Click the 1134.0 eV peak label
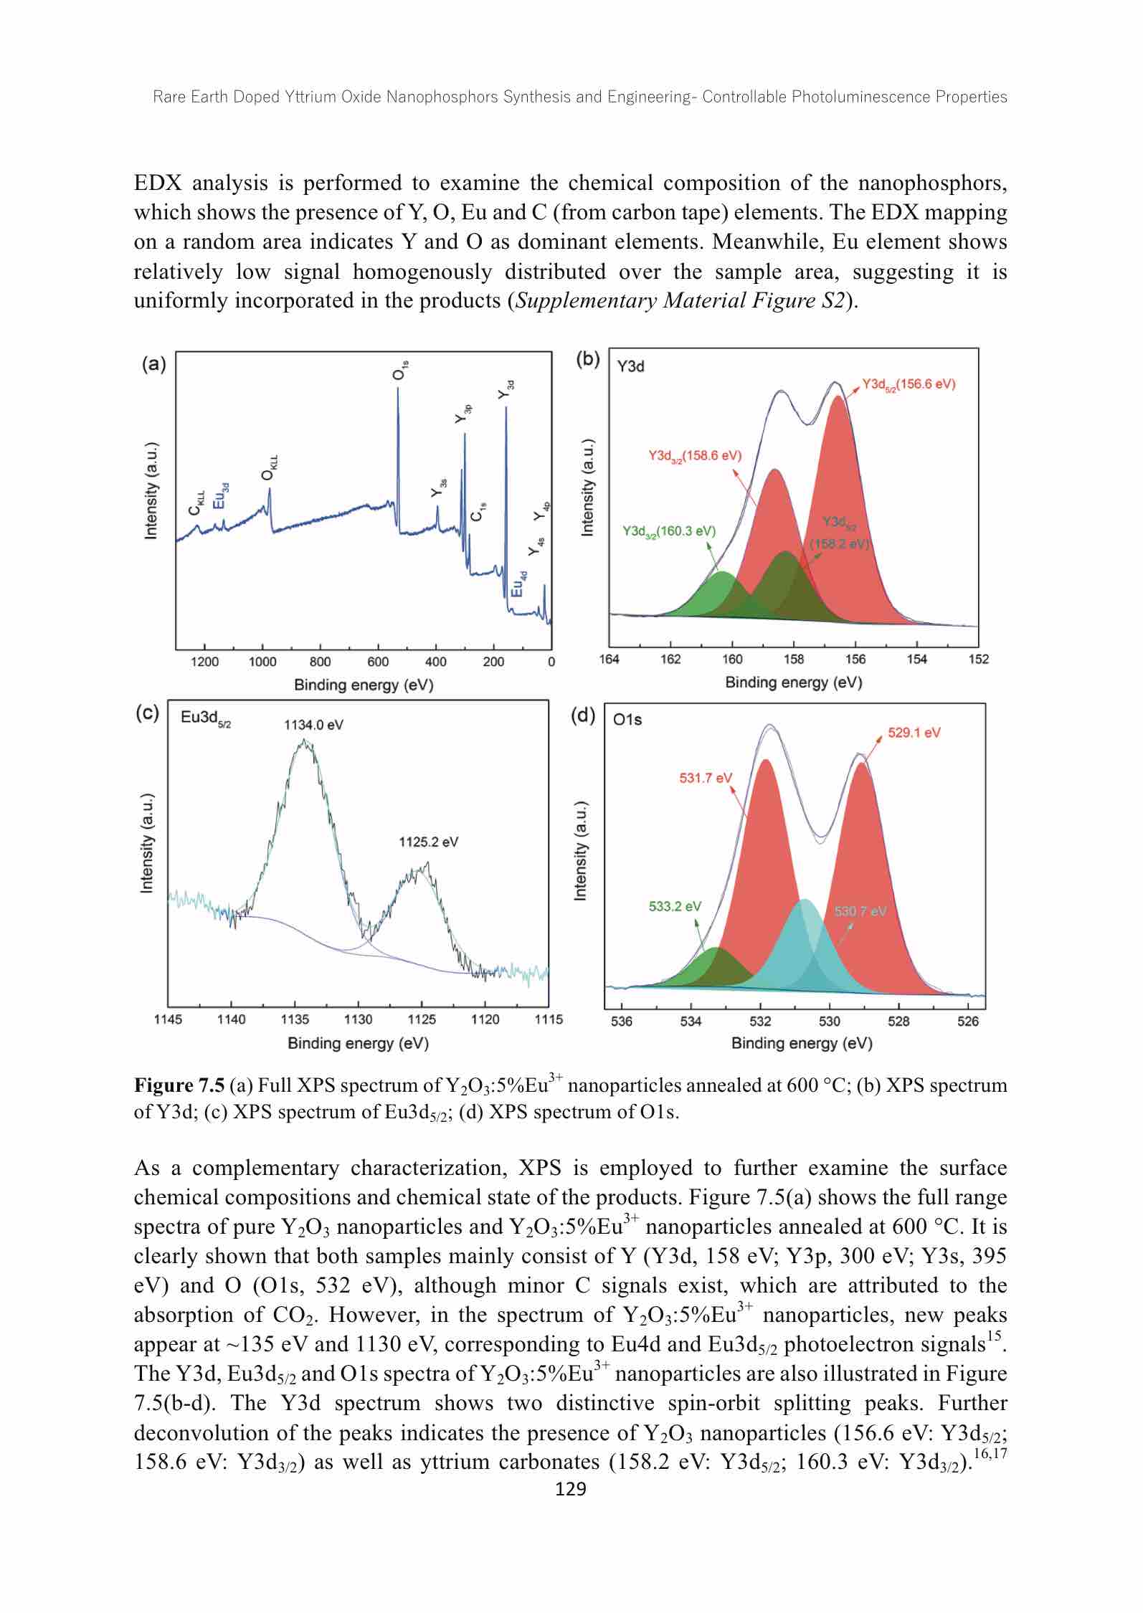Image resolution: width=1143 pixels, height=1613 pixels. pos(313,725)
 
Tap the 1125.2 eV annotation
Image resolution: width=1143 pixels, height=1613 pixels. pos(429,842)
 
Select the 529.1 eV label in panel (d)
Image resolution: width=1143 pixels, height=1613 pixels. pos(914,733)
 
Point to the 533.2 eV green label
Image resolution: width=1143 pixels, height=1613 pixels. pos(675,906)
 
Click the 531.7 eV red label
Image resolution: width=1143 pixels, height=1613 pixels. pos(706,778)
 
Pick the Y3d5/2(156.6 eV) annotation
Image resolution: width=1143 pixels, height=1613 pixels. pos(909,384)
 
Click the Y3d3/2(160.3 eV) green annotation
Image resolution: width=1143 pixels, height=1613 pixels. pos(669,531)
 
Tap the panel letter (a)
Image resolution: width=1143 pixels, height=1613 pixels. pos(154,364)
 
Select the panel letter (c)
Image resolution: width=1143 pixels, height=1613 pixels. pos(148,713)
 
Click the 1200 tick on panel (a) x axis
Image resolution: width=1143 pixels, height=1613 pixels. pos(204,662)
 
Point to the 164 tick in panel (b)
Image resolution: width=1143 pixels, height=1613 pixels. pos(610,659)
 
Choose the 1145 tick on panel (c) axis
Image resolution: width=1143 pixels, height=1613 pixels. pos(168,1019)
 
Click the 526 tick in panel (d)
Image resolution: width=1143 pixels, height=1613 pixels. pos(968,1021)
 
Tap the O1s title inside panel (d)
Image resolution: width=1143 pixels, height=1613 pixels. pos(628,720)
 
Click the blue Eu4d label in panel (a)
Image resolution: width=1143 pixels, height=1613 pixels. pos(519,583)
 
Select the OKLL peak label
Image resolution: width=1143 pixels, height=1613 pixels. pos(269,467)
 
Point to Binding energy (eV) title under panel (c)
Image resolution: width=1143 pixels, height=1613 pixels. pos(358,1043)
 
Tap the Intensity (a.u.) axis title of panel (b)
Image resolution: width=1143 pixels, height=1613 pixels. pos(588,487)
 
